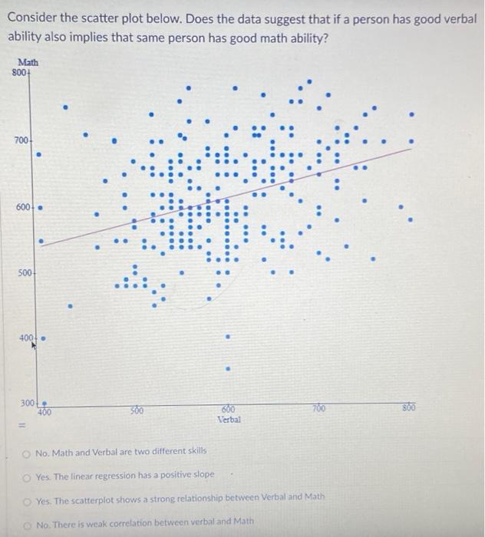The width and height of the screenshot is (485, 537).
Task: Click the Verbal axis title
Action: click(229, 420)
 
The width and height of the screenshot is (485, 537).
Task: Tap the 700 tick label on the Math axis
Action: click(21, 141)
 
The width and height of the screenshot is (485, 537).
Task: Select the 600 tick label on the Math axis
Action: click(21, 207)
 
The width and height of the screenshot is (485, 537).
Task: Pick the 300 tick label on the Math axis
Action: click(28, 403)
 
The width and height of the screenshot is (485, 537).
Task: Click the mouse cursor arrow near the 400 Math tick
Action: click(35, 347)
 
